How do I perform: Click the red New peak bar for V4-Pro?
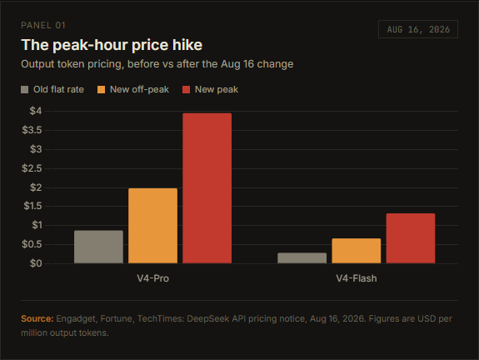207,188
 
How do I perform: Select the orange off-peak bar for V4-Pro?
152,226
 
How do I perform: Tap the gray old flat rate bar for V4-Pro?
98,247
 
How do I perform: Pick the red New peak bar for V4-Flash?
411,238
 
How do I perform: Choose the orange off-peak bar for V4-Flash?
357,251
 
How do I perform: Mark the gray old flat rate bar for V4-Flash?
302,258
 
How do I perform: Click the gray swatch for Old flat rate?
25,89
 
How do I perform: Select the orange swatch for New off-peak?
101,89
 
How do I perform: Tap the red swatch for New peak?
186,89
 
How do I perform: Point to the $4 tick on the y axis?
36,111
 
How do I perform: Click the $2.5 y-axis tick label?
32,168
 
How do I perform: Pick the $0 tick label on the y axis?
36,263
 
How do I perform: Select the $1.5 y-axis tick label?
32,206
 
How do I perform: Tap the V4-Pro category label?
152,278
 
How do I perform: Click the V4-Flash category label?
357,278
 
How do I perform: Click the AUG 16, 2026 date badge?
418,29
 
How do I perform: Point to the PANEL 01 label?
43,25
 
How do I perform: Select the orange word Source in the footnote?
37,318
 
